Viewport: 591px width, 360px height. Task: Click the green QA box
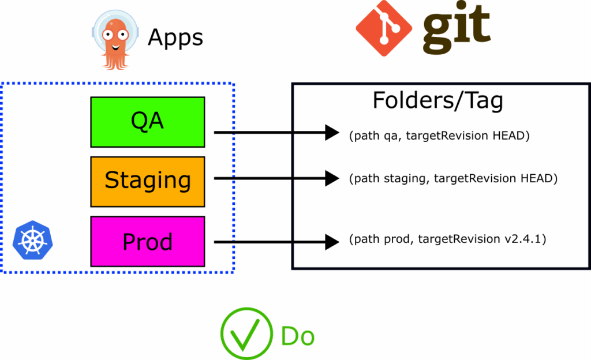pos(148,122)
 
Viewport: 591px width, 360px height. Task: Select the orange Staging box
pos(148,181)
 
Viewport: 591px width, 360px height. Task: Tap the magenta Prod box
pos(148,241)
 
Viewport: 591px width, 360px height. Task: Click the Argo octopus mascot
pos(115,40)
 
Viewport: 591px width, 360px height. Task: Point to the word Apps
pos(175,38)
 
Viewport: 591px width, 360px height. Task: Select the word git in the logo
pos(456,27)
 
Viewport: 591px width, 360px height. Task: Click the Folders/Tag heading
pos(437,100)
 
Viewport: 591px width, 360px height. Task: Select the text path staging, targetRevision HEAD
pos(453,179)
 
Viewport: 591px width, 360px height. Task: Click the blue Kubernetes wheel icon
pos(29,238)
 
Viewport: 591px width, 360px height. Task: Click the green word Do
pos(297,336)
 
